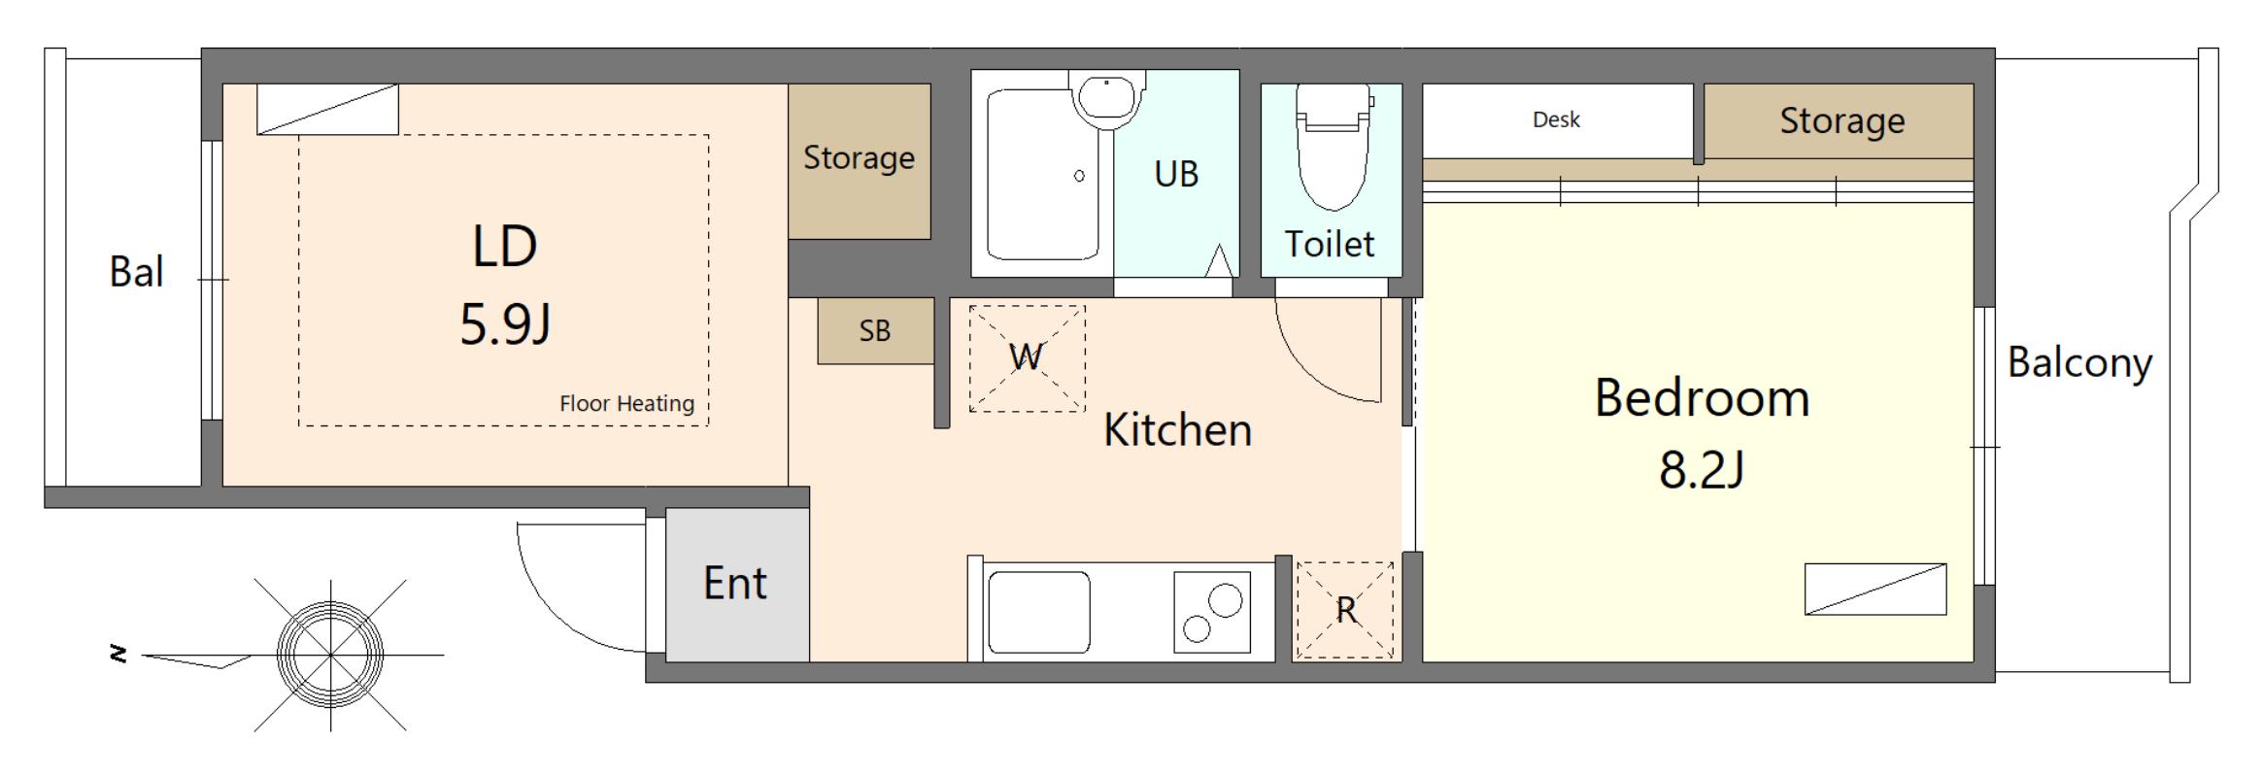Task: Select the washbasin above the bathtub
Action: [x=1106, y=99]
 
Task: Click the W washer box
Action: [x=1027, y=358]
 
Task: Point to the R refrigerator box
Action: [x=1345, y=610]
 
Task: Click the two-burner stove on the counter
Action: [x=1212, y=611]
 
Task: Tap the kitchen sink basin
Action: [x=1038, y=612]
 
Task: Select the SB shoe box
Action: [x=875, y=331]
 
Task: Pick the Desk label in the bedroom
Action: [x=1556, y=119]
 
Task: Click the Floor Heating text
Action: [x=626, y=404]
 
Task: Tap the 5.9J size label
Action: [x=505, y=324]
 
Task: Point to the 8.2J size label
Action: [x=1702, y=470]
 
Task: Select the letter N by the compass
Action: [x=118, y=655]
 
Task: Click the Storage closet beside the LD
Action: [x=860, y=161]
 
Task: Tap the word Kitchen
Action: [x=1177, y=430]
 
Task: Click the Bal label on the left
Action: [x=136, y=272]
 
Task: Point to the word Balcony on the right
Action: [x=2079, y=363]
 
